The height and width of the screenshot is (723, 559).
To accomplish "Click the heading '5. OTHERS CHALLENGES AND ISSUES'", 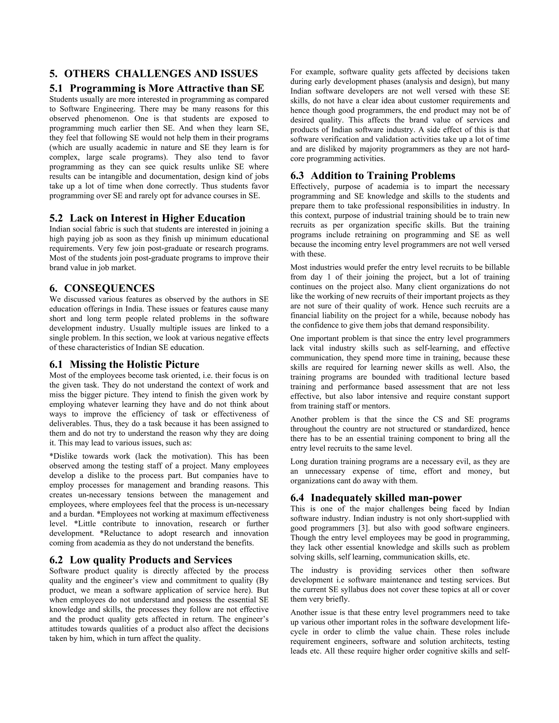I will [x=153, y=73].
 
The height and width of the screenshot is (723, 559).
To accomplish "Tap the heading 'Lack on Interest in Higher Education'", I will [x=157, y=218].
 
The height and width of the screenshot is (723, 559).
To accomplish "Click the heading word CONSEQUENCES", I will [x=109, y=288].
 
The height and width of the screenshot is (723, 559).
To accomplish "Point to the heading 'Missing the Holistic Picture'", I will [x=134, y=365].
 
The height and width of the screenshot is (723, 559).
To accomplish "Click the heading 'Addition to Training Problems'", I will [x=383, y=175].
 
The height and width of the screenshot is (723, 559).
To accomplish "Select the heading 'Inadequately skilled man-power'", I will [x=386, y=498].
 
